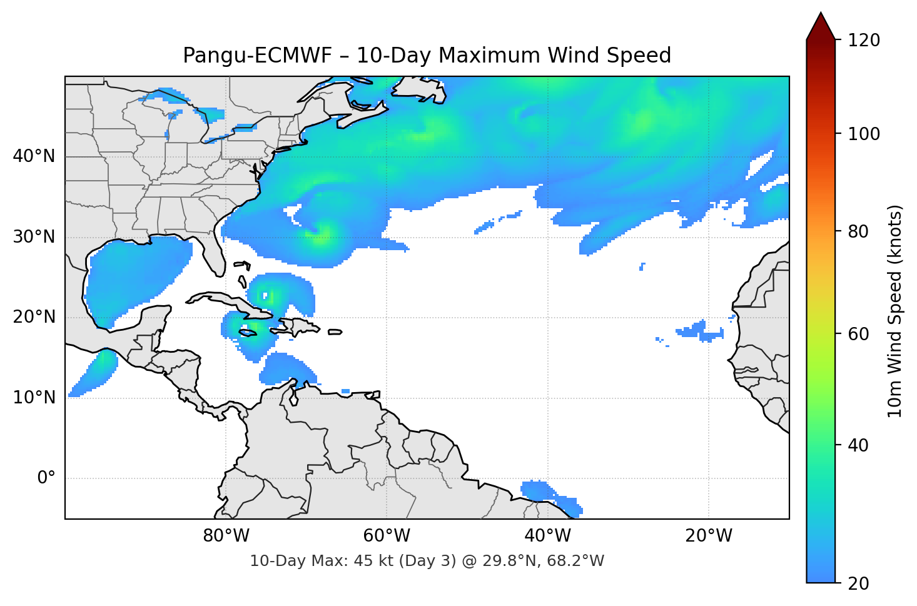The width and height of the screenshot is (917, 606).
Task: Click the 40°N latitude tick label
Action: coord(34,156)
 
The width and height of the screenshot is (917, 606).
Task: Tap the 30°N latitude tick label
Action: coord(34,237)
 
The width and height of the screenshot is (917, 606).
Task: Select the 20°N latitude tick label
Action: coord(34,317)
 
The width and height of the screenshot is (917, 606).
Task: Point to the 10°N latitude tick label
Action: coord(34,398)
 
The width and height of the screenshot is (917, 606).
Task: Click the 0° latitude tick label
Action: coord(46,478)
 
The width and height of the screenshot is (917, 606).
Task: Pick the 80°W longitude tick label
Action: coord(226,536)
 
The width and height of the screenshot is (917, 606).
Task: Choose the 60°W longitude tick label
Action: coord(387,536)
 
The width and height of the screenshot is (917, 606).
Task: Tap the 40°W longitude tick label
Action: coord(547,536)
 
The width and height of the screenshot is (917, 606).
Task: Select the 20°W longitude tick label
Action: coord(709,536)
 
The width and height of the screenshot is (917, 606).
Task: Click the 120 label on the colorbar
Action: coord(864,40)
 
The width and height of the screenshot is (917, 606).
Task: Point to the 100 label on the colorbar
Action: coord(864,134)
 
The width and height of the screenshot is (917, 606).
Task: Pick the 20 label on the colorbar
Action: coord(858,583)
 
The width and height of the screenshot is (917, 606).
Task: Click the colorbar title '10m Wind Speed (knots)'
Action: coord(895,311)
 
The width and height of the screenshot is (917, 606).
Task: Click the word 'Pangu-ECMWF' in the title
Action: coord(258,56)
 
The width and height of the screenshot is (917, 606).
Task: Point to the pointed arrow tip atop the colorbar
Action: coord(821,15)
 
